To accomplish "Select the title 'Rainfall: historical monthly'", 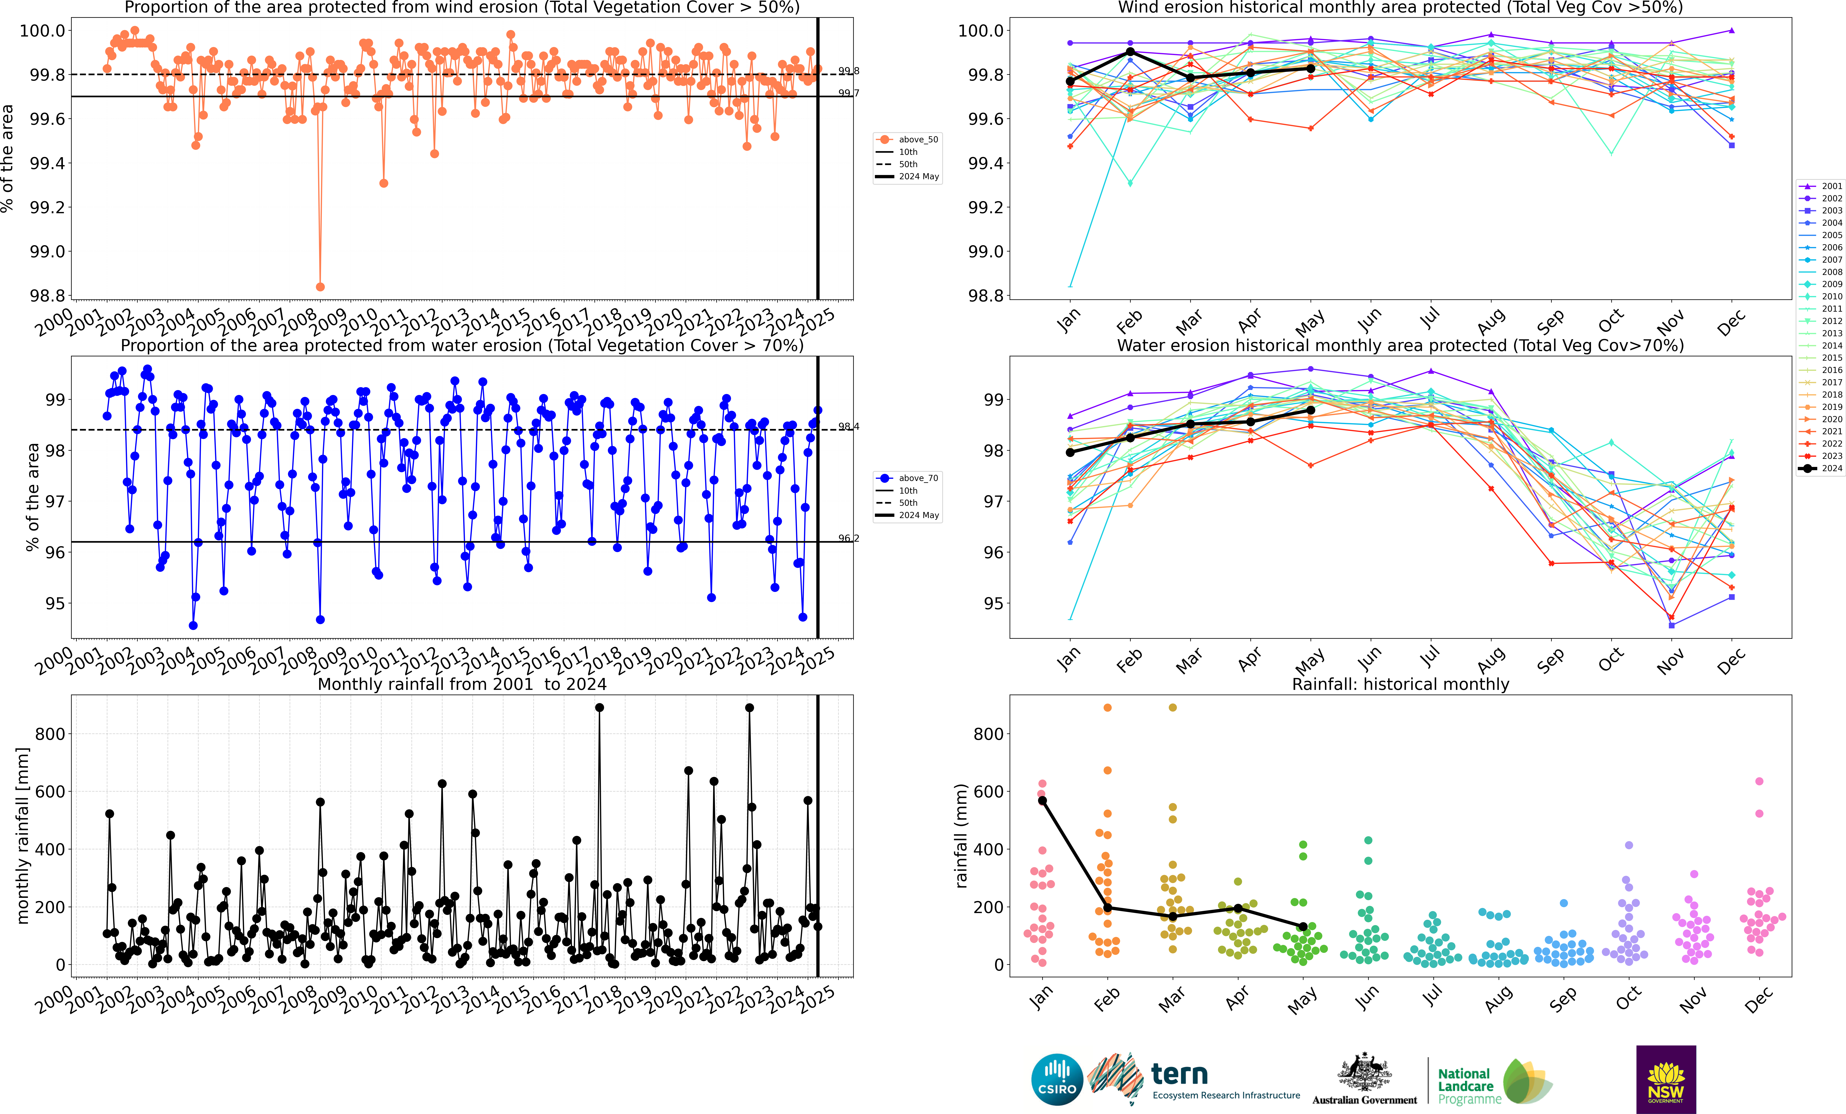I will (x=1400, y=684).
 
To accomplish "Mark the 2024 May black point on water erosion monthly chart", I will (x=1310, y=410).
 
